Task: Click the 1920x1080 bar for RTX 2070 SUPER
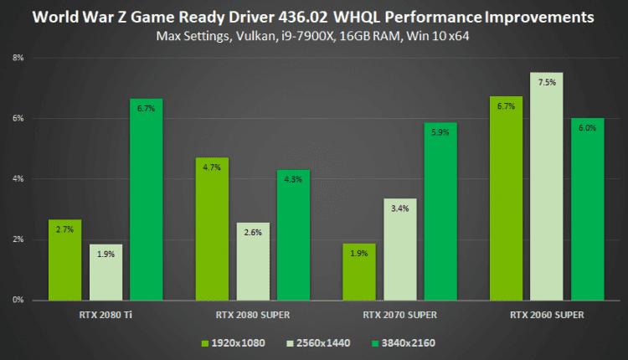point(358,271)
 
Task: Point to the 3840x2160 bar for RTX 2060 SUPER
point(587,208)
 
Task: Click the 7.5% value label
point(546,83)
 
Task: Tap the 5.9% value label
point(440,132)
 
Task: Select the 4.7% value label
point(212,167)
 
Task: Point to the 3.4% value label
point(399,208)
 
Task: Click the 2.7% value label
point(64,229)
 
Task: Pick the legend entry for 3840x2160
point(404,342)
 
